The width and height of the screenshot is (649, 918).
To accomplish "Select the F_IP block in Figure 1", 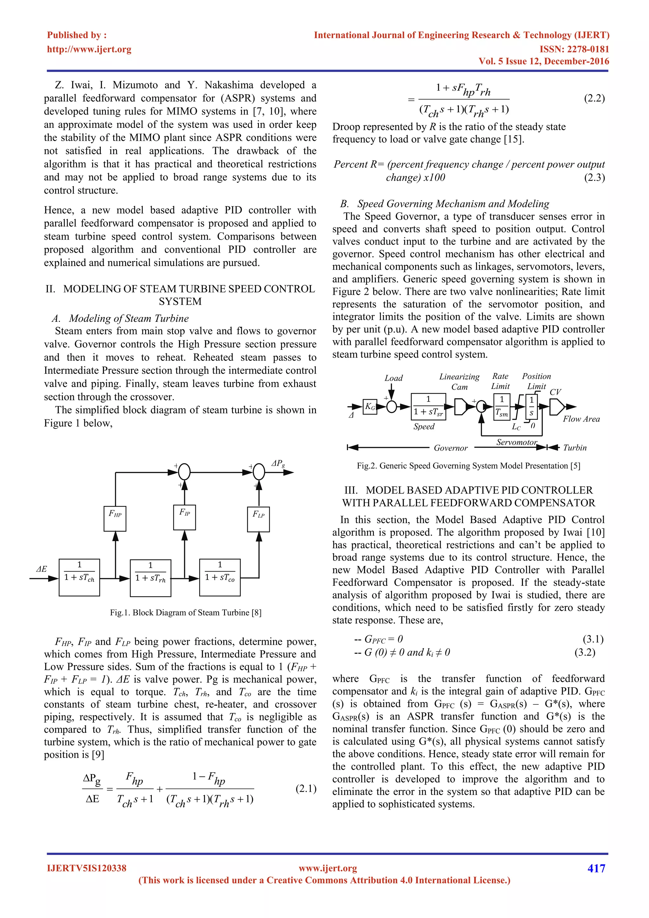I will pos(185,517).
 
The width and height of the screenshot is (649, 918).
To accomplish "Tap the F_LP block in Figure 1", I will pos(259,519).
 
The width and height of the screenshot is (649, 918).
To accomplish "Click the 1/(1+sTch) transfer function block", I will pos(79,577).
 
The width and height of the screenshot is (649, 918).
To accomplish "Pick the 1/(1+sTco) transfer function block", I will pos(220,577).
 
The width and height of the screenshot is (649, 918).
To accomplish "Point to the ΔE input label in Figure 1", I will pos(41,569).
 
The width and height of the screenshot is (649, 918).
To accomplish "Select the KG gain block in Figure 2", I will pos(370,407).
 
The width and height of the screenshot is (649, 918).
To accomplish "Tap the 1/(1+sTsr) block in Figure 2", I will pos(428,406).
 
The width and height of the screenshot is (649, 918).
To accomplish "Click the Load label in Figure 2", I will pos(394,378).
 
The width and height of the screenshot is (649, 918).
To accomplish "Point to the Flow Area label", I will pos(581,419).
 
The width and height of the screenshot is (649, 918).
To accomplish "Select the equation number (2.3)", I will pos(594,178).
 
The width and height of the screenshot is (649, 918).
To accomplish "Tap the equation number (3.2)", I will pos(585,652).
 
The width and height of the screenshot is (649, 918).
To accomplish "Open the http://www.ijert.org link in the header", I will pos(89,49).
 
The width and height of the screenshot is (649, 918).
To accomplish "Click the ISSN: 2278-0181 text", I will pos(574,49).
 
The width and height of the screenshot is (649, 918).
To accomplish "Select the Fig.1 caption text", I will pos(186,612).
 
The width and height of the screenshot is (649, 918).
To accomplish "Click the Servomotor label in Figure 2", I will pos(516,442).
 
